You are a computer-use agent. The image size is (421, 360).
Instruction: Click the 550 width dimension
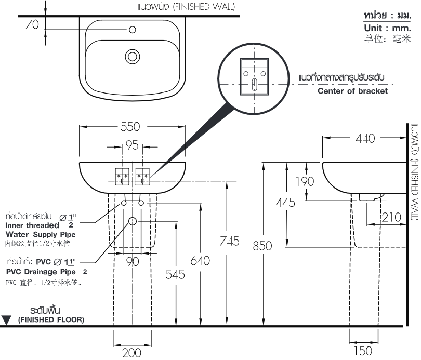(x=133, y=127)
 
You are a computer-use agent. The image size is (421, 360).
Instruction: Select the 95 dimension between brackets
(x=133, y=145)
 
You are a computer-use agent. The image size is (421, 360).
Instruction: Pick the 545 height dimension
(x=175, y=274)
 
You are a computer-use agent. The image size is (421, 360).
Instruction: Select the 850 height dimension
(x=262, y=245)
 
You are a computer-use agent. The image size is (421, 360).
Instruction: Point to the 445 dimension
(x=285, y=202)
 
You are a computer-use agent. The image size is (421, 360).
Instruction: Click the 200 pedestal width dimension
(x=132, y=353)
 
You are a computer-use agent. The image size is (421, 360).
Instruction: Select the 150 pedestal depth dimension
(x=362, y=351)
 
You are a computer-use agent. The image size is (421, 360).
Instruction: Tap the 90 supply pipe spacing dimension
(x=133, y=261)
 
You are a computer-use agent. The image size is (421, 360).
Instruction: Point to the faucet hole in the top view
(x=133, y=29)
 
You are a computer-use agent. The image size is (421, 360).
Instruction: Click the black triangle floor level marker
(x=6, y=320)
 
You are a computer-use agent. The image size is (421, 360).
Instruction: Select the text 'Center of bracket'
(x=352, y=91)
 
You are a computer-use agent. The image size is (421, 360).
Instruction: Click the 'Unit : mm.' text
(x=387, y=28)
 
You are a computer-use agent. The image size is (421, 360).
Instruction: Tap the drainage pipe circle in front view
(x=133, y=221)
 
